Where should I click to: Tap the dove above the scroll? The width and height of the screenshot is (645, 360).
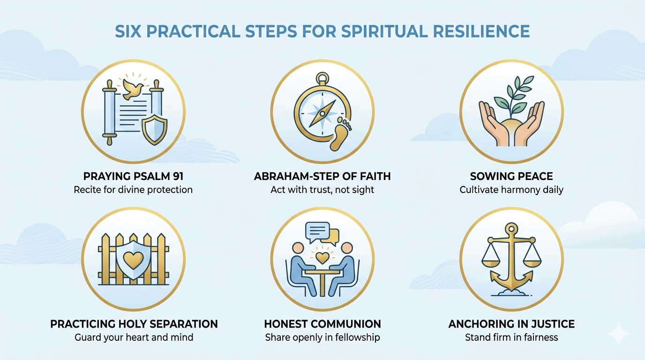pyautogui.click(x=133, y=86)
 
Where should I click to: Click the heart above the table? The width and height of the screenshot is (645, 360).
pyautogui.click(x=322, y=257)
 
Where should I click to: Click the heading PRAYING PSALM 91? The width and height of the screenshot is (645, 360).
pyautogui.click(x=133, y=177)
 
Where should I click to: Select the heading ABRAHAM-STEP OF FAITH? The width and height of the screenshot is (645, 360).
pyautogui.click(x=322, y=177)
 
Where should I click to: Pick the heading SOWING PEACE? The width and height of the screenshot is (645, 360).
pyautogui.click(x=511, y=177)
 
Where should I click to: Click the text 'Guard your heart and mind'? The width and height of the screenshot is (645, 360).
pyautogui.click(x=134, y=337)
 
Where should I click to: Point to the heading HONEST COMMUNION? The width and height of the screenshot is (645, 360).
pyautogui.click(x=322, y=324)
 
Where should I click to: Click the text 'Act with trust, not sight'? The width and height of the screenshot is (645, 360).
pyautogui.click(x=322, y=190)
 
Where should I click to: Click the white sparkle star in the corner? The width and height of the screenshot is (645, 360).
pyautogui.click(x=619, y=333)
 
